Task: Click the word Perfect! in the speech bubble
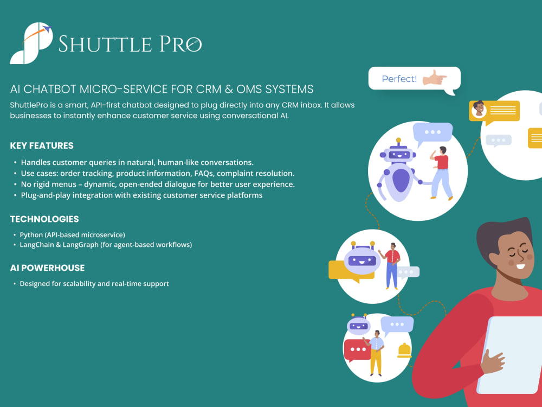pos(399,79)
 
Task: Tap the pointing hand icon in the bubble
pos(435,78)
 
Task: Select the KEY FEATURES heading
pos(42,145)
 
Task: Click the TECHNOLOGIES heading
pos(44,219)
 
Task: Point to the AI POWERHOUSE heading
pos(47,268)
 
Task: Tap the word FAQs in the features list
pos(204,174)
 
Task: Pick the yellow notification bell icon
pos(404,350)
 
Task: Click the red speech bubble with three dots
pos(358,350)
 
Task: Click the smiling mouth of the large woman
pos(520,266)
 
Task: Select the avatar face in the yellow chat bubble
pos(479,109)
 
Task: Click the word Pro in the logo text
pos(180,44)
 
